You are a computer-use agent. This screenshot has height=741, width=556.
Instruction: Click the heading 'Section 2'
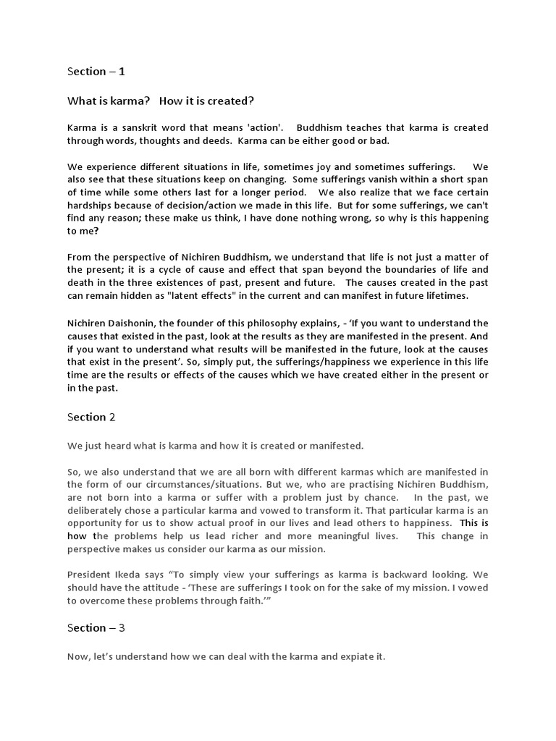click(91, 417)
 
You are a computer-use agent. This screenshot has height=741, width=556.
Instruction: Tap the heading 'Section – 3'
click(96, 627)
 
